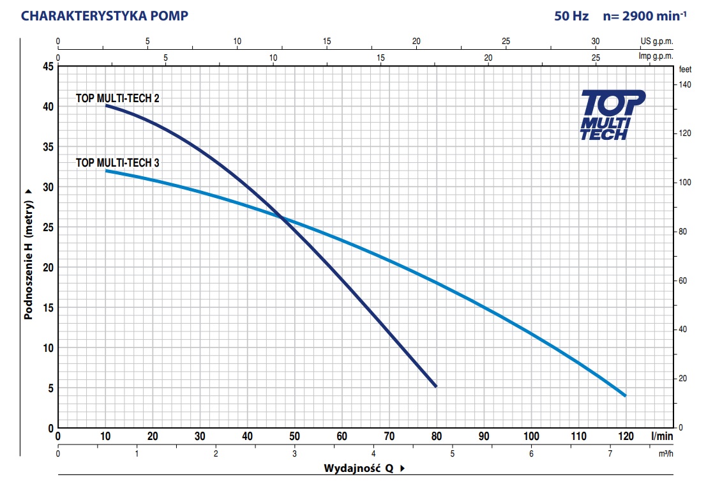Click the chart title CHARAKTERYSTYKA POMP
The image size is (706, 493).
105,16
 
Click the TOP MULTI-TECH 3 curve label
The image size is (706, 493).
117,163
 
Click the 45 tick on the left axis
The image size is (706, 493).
49,66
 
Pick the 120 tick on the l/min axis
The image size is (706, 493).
626,436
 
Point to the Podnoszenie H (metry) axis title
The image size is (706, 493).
27,254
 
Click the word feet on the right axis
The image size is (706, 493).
686,69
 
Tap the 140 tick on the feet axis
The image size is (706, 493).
685,84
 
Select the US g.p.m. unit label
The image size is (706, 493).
657,42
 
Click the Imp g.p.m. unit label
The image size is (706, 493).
656,56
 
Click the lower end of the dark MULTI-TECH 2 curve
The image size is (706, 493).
435,386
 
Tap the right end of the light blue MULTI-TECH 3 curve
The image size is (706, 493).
624,395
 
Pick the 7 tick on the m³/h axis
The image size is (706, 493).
610,453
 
